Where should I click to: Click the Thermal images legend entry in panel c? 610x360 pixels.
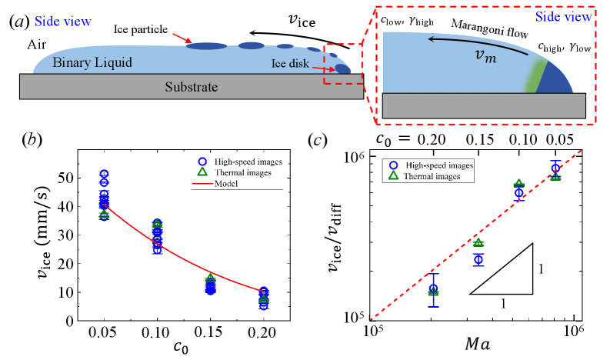(x=435, y=176)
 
